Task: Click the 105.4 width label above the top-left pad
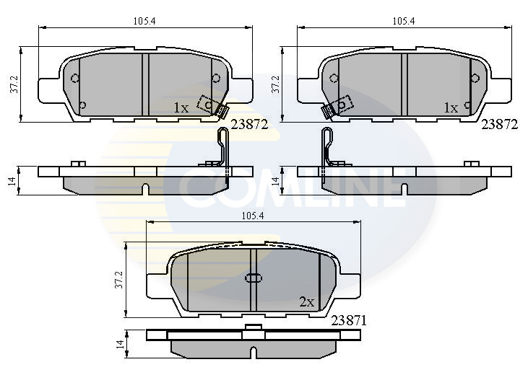click(144, 22)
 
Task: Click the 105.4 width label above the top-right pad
click(404, 22)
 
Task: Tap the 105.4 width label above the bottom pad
click(253, 216)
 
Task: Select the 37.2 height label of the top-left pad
click(14, 84)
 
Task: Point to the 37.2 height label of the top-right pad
click(276, 84)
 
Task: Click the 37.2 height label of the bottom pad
click(118, 280)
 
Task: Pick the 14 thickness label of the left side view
click(12, 180)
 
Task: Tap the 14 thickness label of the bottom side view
click(120, 344)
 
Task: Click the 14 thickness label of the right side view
click(276, 180)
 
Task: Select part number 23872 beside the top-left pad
click(249, 125)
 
